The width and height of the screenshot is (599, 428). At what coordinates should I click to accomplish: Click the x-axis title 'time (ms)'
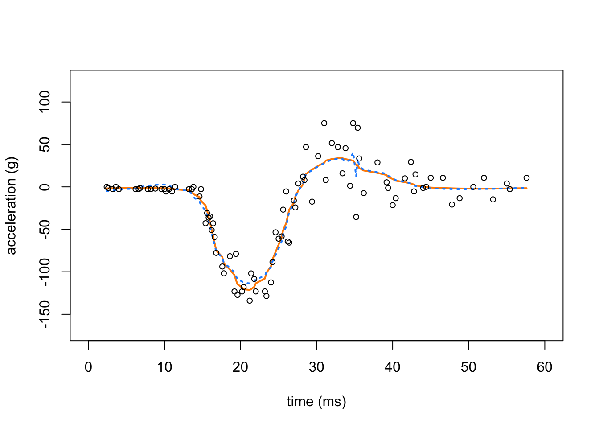click(x=316, y=402)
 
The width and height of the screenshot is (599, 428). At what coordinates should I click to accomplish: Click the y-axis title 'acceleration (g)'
click(x=11, y=206)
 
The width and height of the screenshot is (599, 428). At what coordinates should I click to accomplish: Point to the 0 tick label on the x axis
click(x=88, y=367)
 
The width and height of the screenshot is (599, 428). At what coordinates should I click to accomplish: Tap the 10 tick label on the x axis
click(x=164, y=367)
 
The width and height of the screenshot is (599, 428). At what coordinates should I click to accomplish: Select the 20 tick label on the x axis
click(x=241, y=367)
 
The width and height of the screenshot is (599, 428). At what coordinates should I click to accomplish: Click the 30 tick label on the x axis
click(x=316, y=367)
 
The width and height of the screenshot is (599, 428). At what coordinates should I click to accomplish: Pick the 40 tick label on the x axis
click(x=393, y=367)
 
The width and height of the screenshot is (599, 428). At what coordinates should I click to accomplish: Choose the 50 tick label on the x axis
click(x=469, y=367)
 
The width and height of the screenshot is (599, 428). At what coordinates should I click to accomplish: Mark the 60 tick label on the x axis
click(x=545, y=367)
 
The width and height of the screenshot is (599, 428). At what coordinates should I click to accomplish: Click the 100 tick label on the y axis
click(x=45, y=102)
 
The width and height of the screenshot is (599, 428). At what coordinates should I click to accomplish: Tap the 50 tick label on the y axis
click(x=45, y=144)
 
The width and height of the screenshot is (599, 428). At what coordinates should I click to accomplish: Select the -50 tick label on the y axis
click(x=45, y=229)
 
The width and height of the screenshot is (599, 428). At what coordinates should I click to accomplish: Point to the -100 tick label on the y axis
click(x=45, y=272)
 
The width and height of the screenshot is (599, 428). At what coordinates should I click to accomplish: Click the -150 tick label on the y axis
click(x=45, y=314)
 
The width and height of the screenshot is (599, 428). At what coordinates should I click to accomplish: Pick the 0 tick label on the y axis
click(x=45, y=187)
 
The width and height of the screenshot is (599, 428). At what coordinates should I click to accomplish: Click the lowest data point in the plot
click(x=250, y=300)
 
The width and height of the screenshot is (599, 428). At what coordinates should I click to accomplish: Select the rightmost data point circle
click(x=526, y=178)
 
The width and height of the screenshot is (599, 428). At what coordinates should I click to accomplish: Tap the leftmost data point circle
click(x=107, y=187)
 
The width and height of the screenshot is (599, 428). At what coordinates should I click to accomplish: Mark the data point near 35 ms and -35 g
click(x=356, y=217)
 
